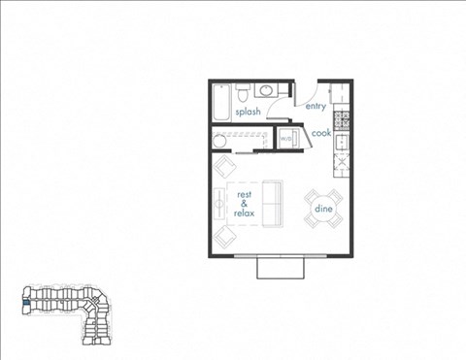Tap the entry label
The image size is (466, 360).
click(316, 107)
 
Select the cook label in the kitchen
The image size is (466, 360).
click(321, 133)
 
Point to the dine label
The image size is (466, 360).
click(322, 208)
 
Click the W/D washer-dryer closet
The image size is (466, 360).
click(287, 140)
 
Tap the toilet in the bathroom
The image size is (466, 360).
click(246, 94)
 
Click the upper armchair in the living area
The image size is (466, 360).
click(224, 168)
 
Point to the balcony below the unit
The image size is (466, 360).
click(280, 268)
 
